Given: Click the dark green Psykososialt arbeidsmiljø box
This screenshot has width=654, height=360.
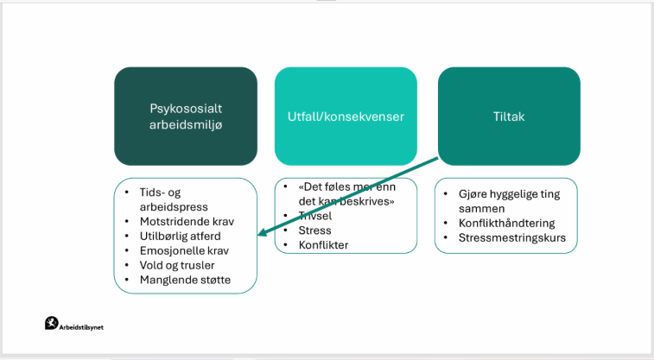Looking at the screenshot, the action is pos(185,116).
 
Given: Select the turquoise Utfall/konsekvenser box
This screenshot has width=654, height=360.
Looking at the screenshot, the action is pos(346,116).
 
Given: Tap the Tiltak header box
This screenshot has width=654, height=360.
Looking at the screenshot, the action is pos(508,116).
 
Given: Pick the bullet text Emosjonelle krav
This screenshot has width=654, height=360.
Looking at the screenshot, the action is pos(179,250).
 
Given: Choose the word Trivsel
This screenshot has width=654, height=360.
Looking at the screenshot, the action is pos(315,216).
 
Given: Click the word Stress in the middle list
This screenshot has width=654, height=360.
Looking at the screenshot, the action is pos(314,231).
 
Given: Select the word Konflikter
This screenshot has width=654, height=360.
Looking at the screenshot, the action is pos(323,245).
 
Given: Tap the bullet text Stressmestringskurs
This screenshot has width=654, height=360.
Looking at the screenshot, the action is pos(517,237).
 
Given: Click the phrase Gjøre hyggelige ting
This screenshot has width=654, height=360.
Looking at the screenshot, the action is pos(510,194).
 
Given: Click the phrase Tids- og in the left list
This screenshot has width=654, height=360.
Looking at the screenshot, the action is pos(160,193).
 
